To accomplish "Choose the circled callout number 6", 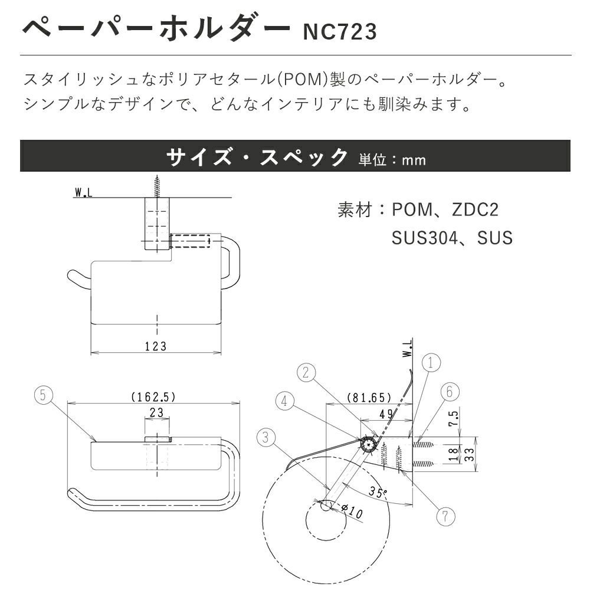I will tap(445, 516).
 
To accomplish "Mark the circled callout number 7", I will tap(156, 346).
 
